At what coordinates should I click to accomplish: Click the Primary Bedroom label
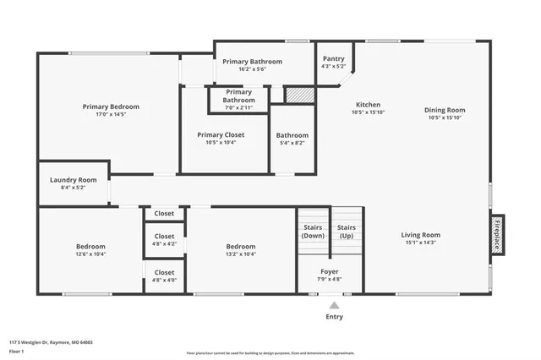[x=111, y=106]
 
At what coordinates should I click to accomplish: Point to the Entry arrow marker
[x=335, y=305]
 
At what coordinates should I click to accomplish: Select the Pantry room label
[x=334, y=58]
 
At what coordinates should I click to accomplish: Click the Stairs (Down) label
[x=312, y=232]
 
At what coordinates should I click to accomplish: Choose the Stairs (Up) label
[x=346, y=232]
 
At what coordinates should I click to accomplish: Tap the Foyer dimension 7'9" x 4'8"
[x=330, y=278]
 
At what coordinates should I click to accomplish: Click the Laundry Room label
[x=74, y=180]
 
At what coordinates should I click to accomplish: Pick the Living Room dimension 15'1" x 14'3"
[x=420, y=243]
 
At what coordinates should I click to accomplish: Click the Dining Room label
[x=445, y=110]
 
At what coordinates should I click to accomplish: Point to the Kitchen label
[x=368, y=105]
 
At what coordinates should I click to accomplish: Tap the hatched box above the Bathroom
[x=297, y=95]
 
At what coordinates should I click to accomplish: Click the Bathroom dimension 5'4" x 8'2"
[x=293, y=143]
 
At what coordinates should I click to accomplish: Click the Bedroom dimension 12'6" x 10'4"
[x=89, y=254]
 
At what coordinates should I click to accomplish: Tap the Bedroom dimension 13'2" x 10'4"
[x=240, y=254]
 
